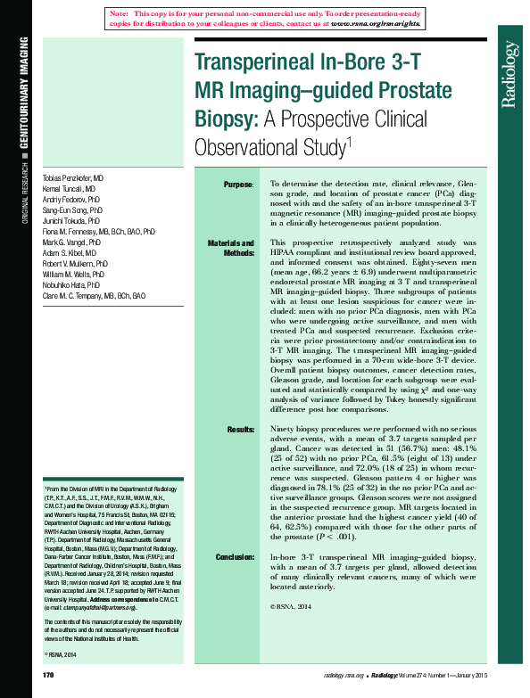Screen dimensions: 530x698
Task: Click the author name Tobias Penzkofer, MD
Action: [73, 178]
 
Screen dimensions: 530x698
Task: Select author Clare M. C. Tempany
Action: [94, 295]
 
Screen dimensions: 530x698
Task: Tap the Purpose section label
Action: [238, 185]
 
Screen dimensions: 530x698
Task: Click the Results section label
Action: [241, 430]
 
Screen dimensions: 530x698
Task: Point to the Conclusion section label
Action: [235, 557]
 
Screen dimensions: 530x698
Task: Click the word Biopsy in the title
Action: [225, 119]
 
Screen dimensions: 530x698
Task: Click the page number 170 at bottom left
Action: [49, 676]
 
